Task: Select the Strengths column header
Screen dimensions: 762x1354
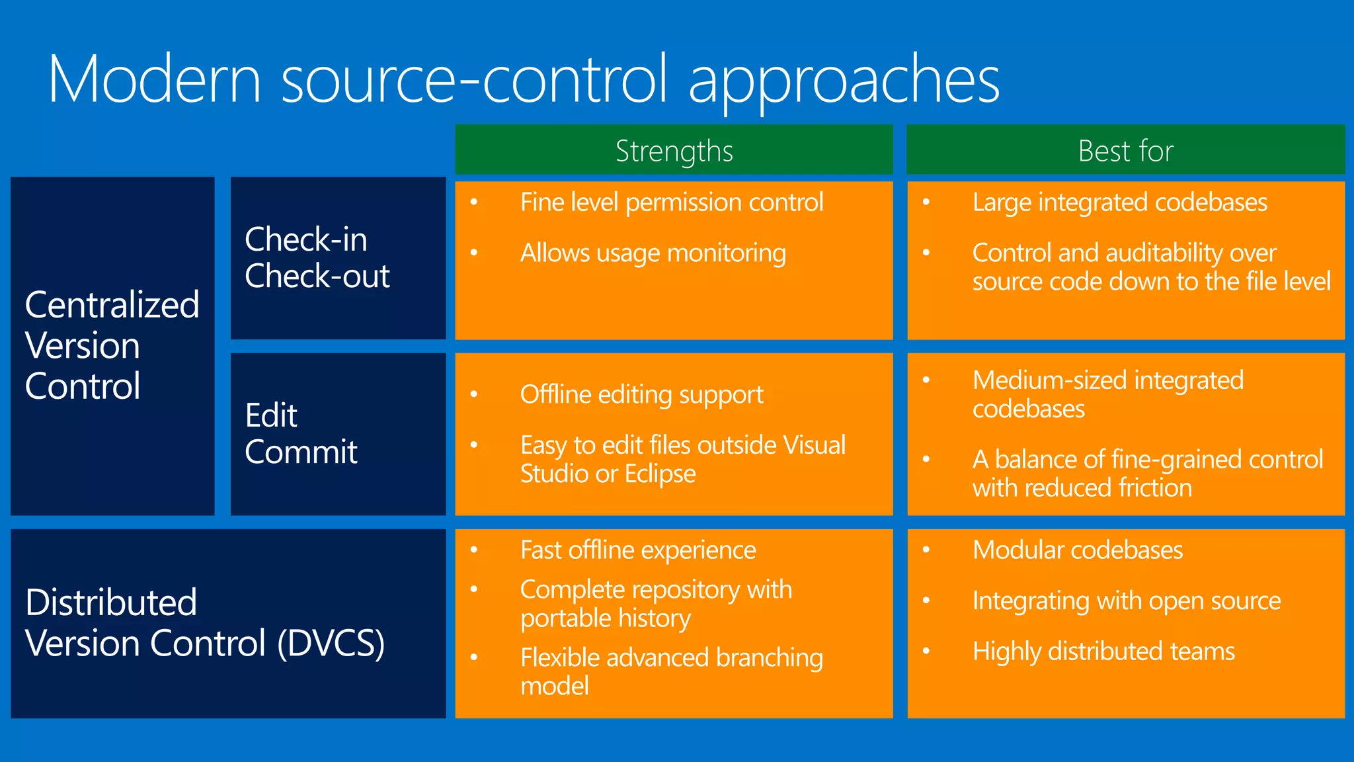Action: pyautogui.click(x=674, y=151)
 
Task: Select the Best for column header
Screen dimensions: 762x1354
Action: pyautogui.click(x=1125, y=151)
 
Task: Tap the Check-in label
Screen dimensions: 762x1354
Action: pyautogui.click(x=305, y=239)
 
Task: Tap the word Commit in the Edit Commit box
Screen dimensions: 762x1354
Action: pyautogui.click(x=301, y=452)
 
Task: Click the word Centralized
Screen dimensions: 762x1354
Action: pyautogui.click(x=112, y=305)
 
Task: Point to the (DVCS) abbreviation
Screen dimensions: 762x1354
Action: pyautogui.click(x=331, y=643)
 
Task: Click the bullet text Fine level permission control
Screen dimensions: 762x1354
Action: pyautogui.click(x=671, y=202)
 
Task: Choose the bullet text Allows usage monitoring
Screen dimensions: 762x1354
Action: pyautogui.click(x=653, y=253)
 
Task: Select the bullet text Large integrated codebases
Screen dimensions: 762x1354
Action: pyautogui.click(x=1119, y=202)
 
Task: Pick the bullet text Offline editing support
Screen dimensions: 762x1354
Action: pyautogui.click(x=641, y=395)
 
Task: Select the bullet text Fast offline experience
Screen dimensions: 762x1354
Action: pyautogui.click(x=637, y=550)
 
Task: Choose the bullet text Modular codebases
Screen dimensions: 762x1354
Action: pyautogui.click(x=1077, y=550)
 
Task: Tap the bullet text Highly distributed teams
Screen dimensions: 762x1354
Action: pyautogui.click(x=1103, y=652)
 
